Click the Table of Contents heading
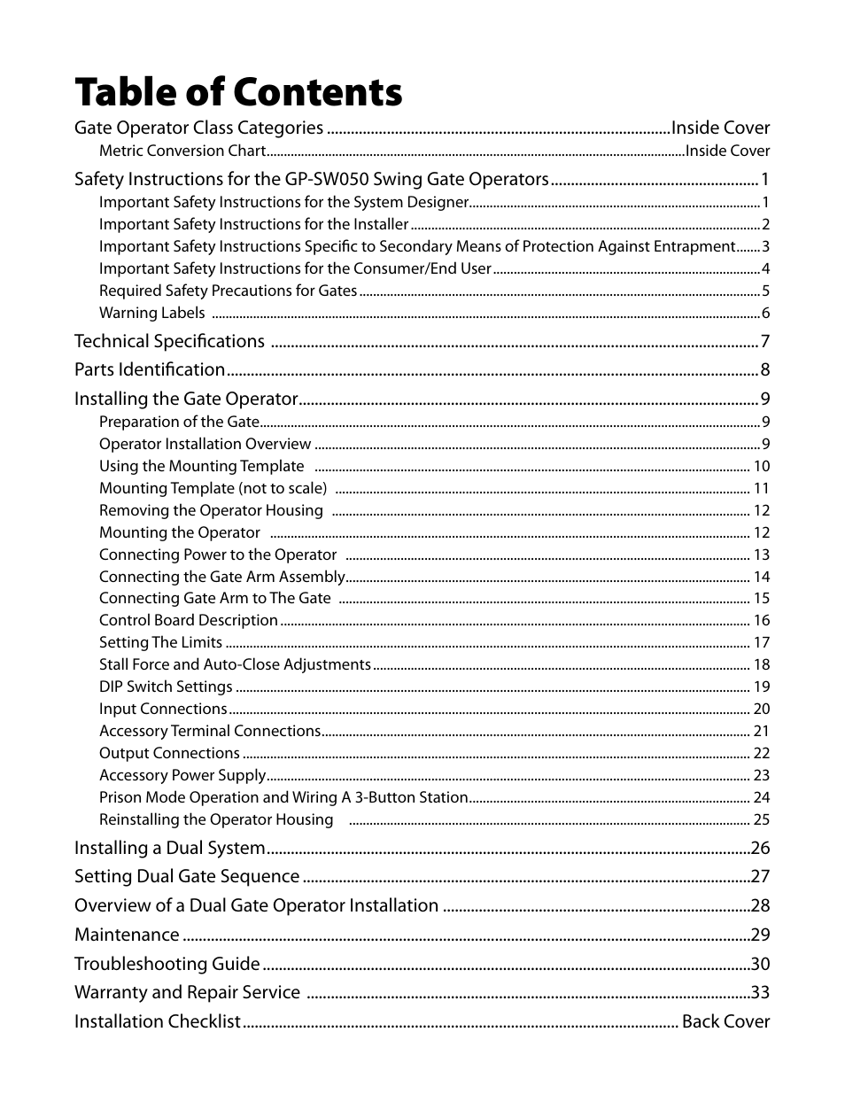click(237, 92)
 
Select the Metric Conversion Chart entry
click(182, 151)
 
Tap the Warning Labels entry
click(151, 313)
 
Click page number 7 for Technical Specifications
click(764, 342)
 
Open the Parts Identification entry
click(149, 370)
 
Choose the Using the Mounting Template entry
click(201, 466)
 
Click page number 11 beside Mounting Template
click(761, 488)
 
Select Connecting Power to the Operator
click(217, 555)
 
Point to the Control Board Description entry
click(188, 620)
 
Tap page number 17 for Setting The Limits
click(761, 642)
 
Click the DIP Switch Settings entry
click(165, 687)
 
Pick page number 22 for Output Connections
click(761, 753)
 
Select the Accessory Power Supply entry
click(182, 775)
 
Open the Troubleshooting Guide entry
click(167, 964)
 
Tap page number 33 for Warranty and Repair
click(760, 993)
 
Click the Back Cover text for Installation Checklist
click(725, 1021)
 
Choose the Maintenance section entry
click(127, 935)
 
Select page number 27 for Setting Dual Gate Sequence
click(760, 877)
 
